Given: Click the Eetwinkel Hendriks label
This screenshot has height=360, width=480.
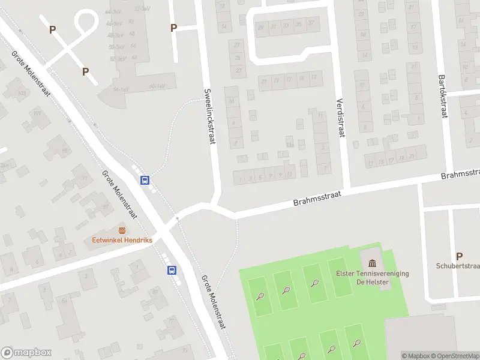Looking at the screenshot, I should [x=122, y=240].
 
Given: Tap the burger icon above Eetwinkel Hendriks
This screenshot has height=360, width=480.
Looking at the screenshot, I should [x=122, y=230].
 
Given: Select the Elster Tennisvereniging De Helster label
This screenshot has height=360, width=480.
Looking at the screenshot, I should [x=373, y=278].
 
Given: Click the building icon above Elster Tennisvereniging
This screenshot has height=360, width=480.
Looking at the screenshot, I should [x=373, y=263].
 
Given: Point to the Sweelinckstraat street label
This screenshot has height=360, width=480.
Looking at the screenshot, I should [x=210, y=118].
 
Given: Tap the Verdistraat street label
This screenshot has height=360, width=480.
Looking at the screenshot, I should [x=340, y=118].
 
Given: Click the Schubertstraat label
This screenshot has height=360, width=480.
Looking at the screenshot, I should [x=458, y=266].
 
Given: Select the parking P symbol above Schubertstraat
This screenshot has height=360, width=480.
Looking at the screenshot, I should [x=460, y=256].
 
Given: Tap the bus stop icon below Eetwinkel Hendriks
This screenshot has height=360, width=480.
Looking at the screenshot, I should [x=172, y=270].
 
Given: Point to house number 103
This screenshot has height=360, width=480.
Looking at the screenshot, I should [x=22, y=94].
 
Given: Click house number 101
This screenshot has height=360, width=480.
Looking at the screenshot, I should [x=37, y=113].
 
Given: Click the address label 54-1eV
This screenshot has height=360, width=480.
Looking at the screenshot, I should [x=122, y=90].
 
